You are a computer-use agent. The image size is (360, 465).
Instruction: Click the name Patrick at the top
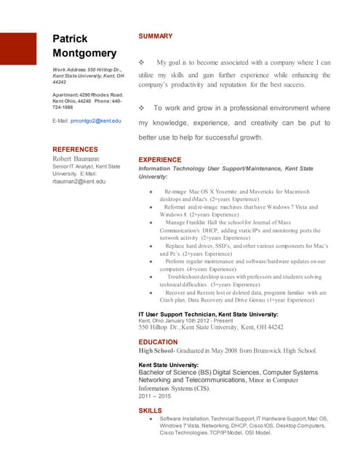[70, 38]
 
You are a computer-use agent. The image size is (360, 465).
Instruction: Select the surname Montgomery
[84, 54]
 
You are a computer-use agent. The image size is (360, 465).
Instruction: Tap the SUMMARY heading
[155, 36]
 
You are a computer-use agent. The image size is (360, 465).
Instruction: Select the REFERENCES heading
[80, 150]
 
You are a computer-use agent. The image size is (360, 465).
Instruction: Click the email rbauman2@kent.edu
[79, 182]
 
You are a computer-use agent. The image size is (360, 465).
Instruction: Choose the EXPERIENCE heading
[159, 159]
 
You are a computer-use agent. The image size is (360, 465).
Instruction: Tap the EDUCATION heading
[158, 341]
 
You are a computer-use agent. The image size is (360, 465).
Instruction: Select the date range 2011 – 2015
[154, 397]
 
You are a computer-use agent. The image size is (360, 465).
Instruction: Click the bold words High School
[159, 351]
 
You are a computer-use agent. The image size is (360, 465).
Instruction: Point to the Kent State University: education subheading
[168, 365]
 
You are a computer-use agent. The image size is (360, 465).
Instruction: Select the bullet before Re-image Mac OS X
[150, 192]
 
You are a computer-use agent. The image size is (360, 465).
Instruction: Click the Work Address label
[68, 70]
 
